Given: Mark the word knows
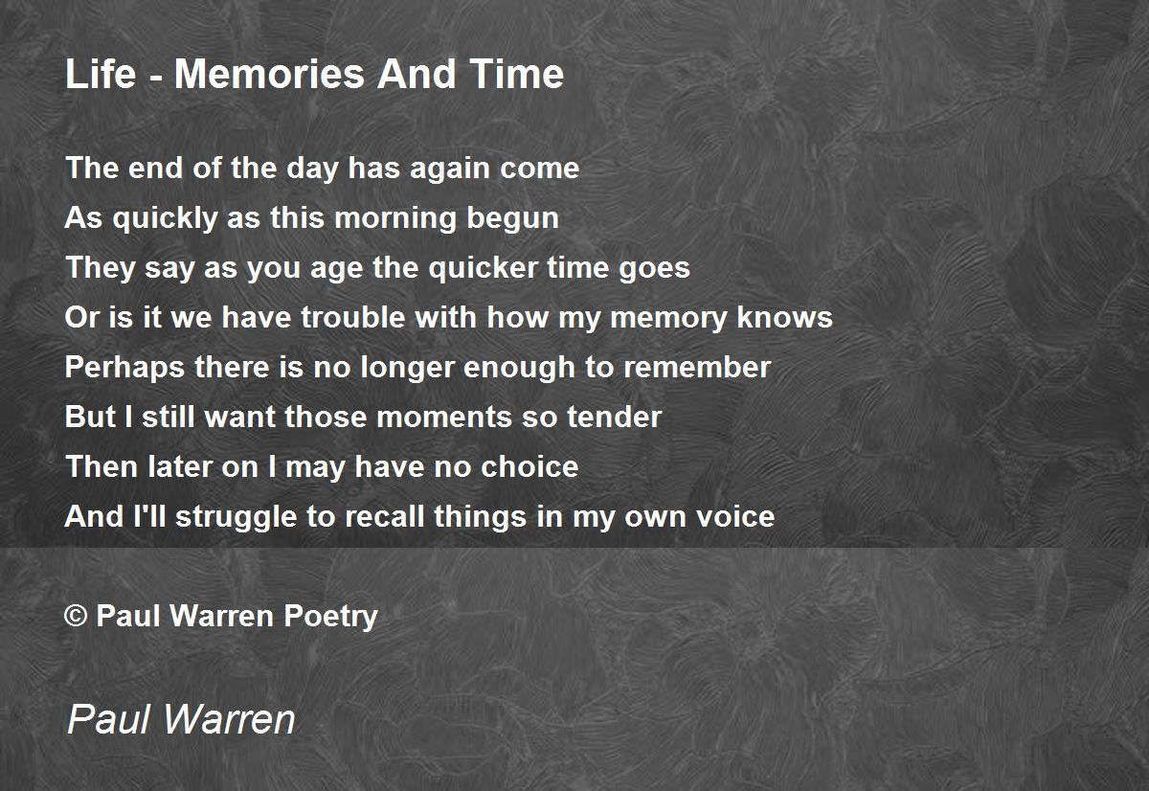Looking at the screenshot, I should [x=784, y=318].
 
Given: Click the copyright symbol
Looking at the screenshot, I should [x=76, y=616].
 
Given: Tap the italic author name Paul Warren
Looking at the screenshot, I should [x=181, y=719].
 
